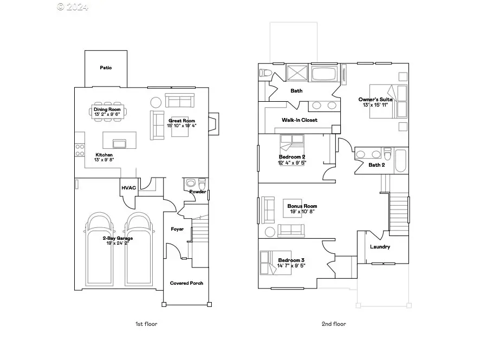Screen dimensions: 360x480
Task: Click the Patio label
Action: coord(106,68)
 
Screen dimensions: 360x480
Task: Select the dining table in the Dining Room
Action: coord(107,113)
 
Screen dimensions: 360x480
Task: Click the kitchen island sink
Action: coord(119,143)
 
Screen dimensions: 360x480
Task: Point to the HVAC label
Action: coord(128,188)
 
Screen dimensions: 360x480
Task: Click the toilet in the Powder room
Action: coord(202,183)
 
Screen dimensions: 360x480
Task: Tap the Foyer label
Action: coord(177,229)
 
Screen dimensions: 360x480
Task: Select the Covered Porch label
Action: coord(186,283)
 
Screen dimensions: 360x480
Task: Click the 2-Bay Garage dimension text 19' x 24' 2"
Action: coord(118,243)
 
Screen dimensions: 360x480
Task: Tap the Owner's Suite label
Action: coord(375,100)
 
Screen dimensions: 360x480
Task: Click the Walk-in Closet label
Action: coord(299,120)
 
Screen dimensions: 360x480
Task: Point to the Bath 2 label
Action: coord(377,165)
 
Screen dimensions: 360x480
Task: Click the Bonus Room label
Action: coord(302,206)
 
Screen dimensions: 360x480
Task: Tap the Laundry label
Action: coord(380,247)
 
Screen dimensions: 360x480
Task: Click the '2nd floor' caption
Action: coord(334,324)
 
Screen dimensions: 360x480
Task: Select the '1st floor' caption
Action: coord(146,324)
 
